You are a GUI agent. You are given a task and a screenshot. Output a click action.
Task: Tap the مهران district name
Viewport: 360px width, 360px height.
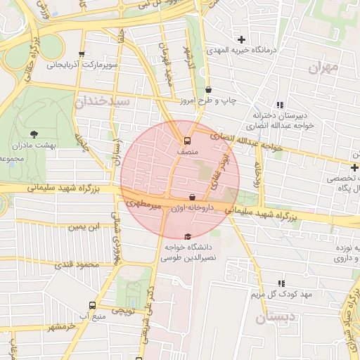coord(323,68)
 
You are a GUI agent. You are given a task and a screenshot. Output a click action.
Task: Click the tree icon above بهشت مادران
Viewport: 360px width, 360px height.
coord(34,134)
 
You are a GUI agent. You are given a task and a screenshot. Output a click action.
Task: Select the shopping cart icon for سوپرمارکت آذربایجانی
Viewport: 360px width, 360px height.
coord(82,54)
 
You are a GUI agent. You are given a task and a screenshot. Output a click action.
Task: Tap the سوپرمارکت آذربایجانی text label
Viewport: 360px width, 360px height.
coord(79,65)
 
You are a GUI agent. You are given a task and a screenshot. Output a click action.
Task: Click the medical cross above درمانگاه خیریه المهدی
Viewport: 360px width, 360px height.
coord(242,39)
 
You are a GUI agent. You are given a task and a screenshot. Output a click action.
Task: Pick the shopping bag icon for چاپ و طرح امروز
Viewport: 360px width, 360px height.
coord(209,90)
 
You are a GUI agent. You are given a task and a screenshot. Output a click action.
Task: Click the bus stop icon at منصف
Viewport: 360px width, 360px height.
coord(187,141)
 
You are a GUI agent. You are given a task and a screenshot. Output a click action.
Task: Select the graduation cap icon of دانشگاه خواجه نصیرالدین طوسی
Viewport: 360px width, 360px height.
coord(186,237)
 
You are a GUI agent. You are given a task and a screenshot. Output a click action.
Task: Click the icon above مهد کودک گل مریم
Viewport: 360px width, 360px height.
coord(282,283)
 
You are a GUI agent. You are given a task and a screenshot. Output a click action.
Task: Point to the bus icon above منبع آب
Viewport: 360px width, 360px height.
coord(93,305)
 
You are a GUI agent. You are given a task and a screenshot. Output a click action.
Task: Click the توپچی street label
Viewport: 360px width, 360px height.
coord(124,309)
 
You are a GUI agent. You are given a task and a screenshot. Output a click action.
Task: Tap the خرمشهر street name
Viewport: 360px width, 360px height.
coord(61,327)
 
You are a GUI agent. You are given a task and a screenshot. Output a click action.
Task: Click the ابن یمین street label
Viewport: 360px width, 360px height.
coord(84,227)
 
